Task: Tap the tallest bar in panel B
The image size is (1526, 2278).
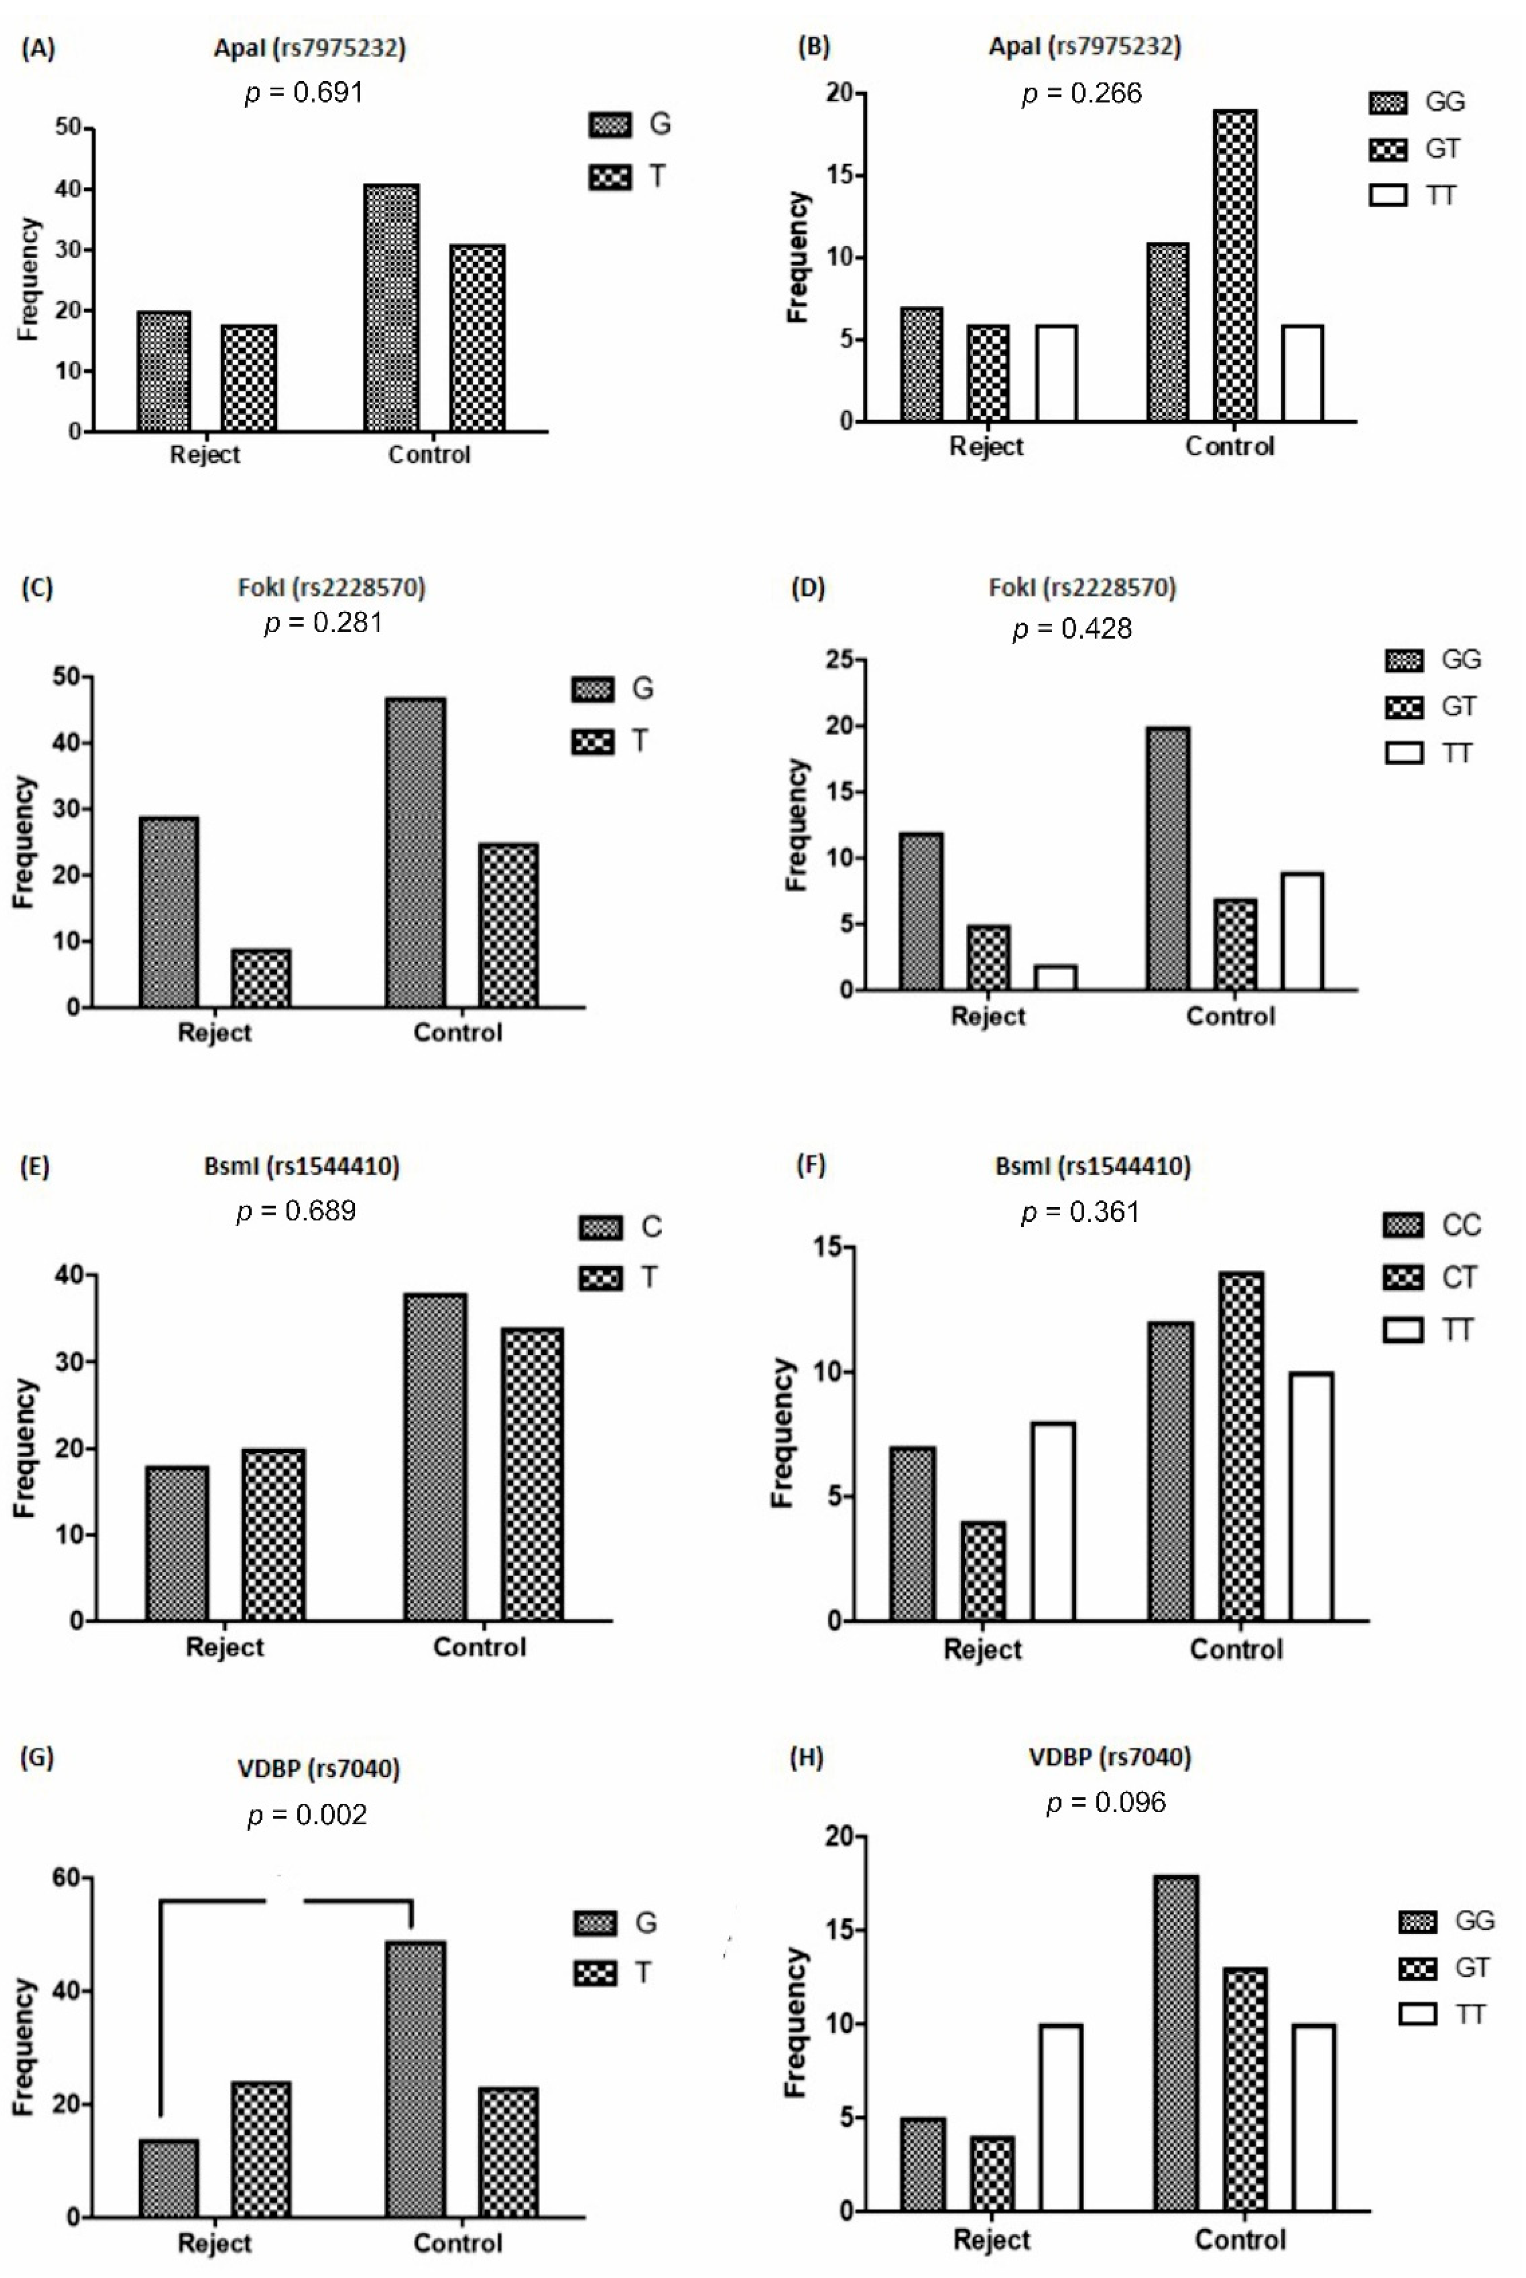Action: pyautogui.click(x=1234, y=265)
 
